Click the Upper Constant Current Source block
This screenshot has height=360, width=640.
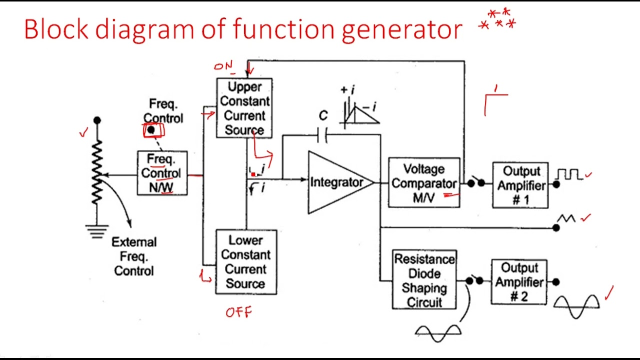(x=244, y=108)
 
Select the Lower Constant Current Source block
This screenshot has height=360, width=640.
(x=245, y=261)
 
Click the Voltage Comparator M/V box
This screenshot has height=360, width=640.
(x=424, y=182)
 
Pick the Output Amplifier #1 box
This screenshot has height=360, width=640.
(x=520, y=185)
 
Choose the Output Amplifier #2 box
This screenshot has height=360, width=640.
(x=519, y=282)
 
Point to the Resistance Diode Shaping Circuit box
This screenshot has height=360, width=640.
(x=424, y=280)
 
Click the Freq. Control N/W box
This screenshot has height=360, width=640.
(x=162, y=173)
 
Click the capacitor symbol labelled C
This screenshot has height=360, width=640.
(x=323, y=134)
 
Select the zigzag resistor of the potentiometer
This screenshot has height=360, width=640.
(x=97, y=172)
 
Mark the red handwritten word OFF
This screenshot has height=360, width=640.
(x=239, y=313)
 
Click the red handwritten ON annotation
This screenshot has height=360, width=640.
(x=223, y=66)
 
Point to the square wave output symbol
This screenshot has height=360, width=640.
(x=569, y=174)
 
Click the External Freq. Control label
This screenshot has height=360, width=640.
(x=134, y=256)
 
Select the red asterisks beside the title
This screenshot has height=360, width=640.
(x=498, y=19)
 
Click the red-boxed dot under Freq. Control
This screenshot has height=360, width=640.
(x=151, y=130)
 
